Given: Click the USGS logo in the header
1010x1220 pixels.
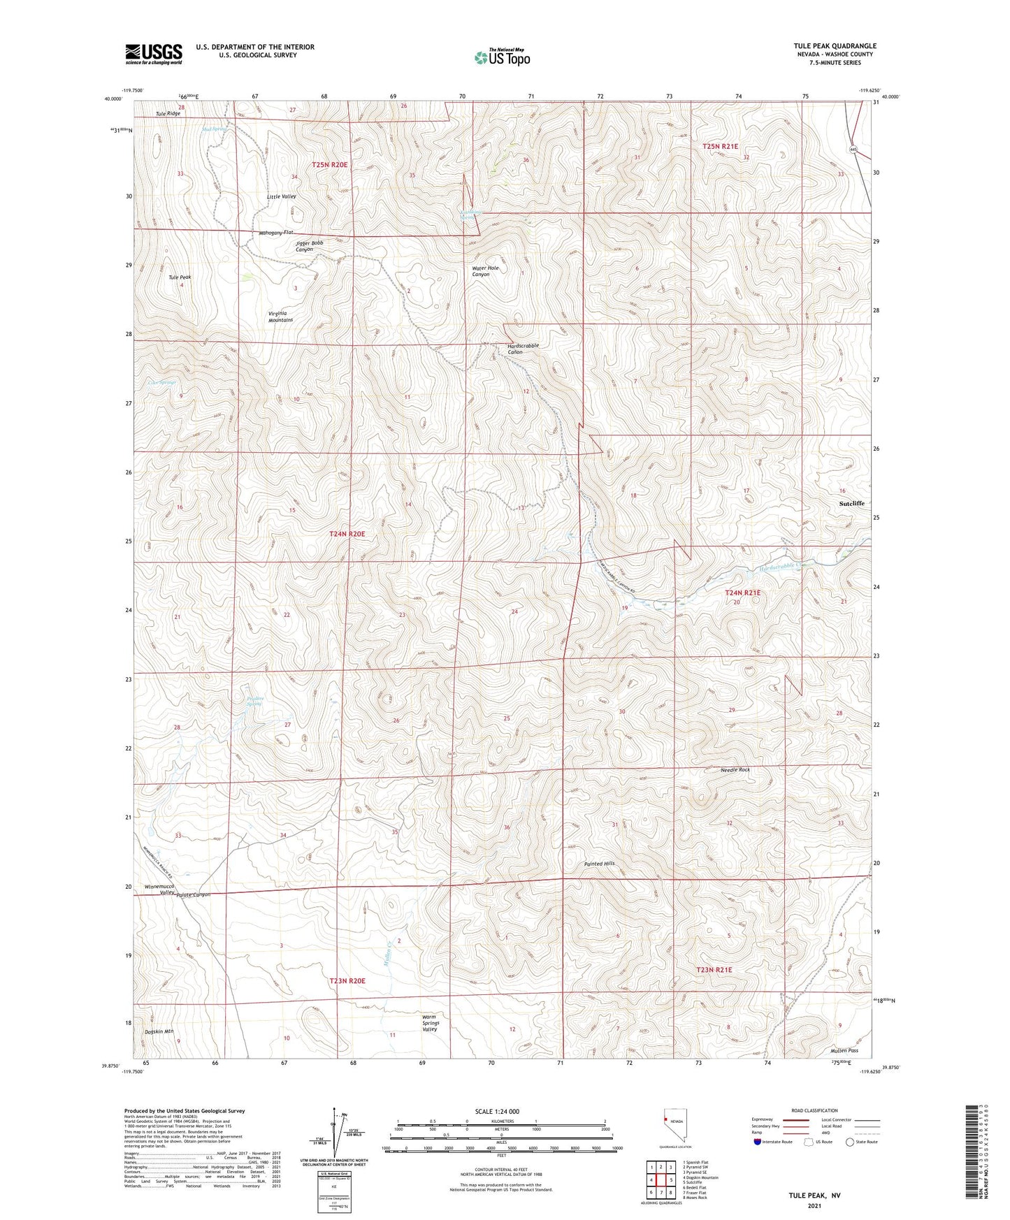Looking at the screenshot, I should [x=154, y=54].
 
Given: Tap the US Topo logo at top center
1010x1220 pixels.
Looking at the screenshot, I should [x=502, y=57].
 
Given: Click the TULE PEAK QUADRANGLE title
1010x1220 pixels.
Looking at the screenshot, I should [x=835, y=46].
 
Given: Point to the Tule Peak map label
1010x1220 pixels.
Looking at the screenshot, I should [x=180, y=277].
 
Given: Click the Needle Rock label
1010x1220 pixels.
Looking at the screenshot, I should [x=735, y=770].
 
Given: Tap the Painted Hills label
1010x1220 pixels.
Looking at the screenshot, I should [x=600, y=864].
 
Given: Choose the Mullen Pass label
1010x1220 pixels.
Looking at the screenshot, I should [x=844, y=1050].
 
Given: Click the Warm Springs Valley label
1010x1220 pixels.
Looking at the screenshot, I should [x=430, y=1023].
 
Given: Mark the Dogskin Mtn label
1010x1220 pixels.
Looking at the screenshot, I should [x=159, y=1031].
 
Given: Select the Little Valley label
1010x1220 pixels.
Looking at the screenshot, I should [x=282, y=196].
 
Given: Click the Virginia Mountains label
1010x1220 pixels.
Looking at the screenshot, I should [x=280, y=317].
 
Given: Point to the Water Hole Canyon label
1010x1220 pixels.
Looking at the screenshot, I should [x=486, y=271].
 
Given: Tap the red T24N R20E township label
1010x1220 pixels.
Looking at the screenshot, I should [x=347, y=534].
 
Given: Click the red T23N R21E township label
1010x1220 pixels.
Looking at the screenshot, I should [x=714, y=970].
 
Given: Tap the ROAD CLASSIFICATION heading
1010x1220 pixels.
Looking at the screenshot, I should [x=815, y=1110].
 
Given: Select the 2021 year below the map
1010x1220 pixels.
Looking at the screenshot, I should [x=814, y=1205].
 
